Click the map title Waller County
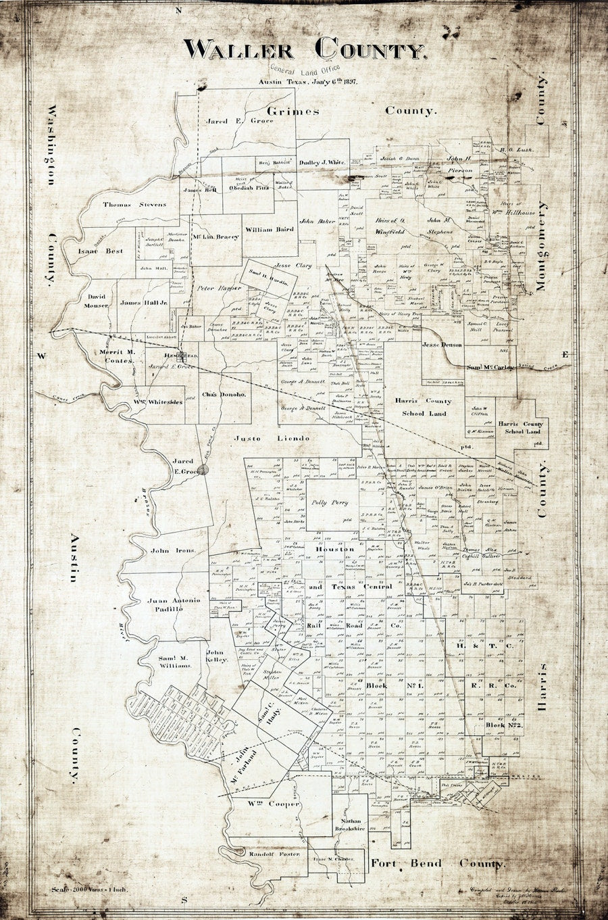(304, 49)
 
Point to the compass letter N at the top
(179, 11)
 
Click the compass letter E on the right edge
(566, 355)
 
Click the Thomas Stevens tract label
(134, 204)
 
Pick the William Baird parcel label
(269, 230)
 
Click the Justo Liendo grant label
(272, 439)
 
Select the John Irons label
(173, 551)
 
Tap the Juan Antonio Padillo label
(174, 604)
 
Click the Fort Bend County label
(437, 864)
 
